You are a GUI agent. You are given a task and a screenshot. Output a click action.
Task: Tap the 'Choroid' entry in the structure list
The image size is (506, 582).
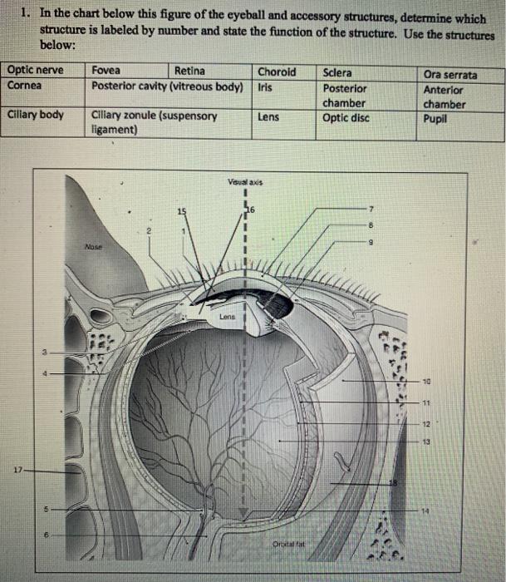[276, 72]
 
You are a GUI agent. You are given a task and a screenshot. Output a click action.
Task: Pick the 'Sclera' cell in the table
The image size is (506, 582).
[338, 72]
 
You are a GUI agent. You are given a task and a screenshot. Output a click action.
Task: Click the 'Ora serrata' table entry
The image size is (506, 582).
[450, 75]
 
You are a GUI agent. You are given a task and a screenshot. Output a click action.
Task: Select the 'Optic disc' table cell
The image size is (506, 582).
[346, 117]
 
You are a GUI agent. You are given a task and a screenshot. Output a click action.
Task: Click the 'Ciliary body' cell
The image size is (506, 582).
[35, 114]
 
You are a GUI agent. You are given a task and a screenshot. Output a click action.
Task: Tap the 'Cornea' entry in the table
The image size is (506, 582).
[25, 85]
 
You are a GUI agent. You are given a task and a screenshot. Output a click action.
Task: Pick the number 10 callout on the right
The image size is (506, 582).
[426, 382]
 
